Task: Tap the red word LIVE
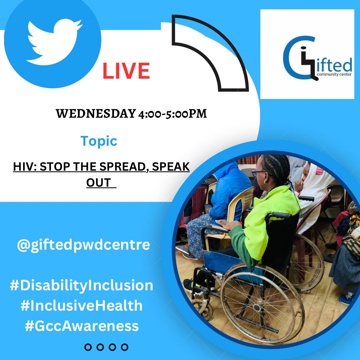(x=126, y=71)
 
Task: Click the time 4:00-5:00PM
(x=172, y=114)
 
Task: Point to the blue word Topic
(x=99, y=141)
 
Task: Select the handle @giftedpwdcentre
(x=83, y=245)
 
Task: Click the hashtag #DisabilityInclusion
(x=82, y=286)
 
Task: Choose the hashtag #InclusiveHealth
(x=82, y=306)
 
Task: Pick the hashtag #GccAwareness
(x=82, y=326)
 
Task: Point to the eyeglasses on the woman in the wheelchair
(x=258, y=173)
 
